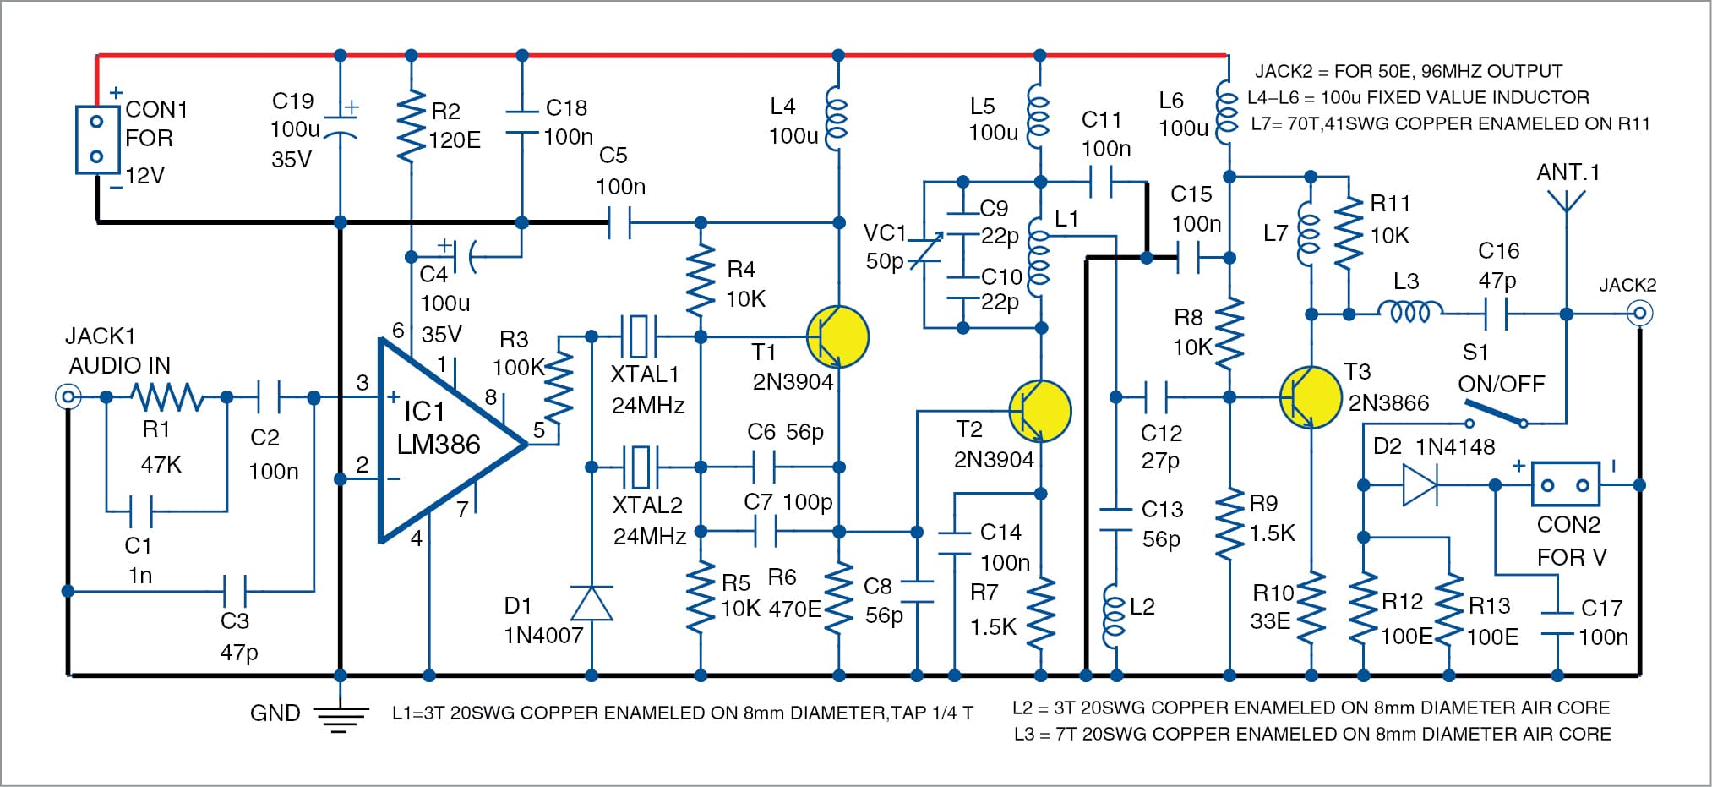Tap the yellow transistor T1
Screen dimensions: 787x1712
tap(837, 336)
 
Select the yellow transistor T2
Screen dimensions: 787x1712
tap(1039, 412)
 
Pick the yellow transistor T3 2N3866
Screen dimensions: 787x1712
tap(1310, 396)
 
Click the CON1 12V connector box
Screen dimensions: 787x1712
tap(96, 139)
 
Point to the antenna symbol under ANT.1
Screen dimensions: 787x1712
tap(1566, 203)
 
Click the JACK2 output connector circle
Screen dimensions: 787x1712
tap(1640, 314)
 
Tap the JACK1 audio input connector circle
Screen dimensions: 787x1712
tap(68, 396)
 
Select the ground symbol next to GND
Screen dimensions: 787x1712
tap(341, 716)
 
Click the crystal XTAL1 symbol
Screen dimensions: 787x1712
tap(639, 336)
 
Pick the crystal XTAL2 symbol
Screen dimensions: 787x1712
tap(640, 467)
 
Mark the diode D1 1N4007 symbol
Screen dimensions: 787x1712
tap(592, 604)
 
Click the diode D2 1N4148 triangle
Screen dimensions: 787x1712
tap(1419, 485)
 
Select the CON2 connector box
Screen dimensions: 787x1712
tap(1565, 485)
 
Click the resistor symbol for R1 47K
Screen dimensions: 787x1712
tap(166, 396)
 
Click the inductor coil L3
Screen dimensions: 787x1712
tap(1409, 313)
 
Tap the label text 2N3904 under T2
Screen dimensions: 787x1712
tap(994, 460)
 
